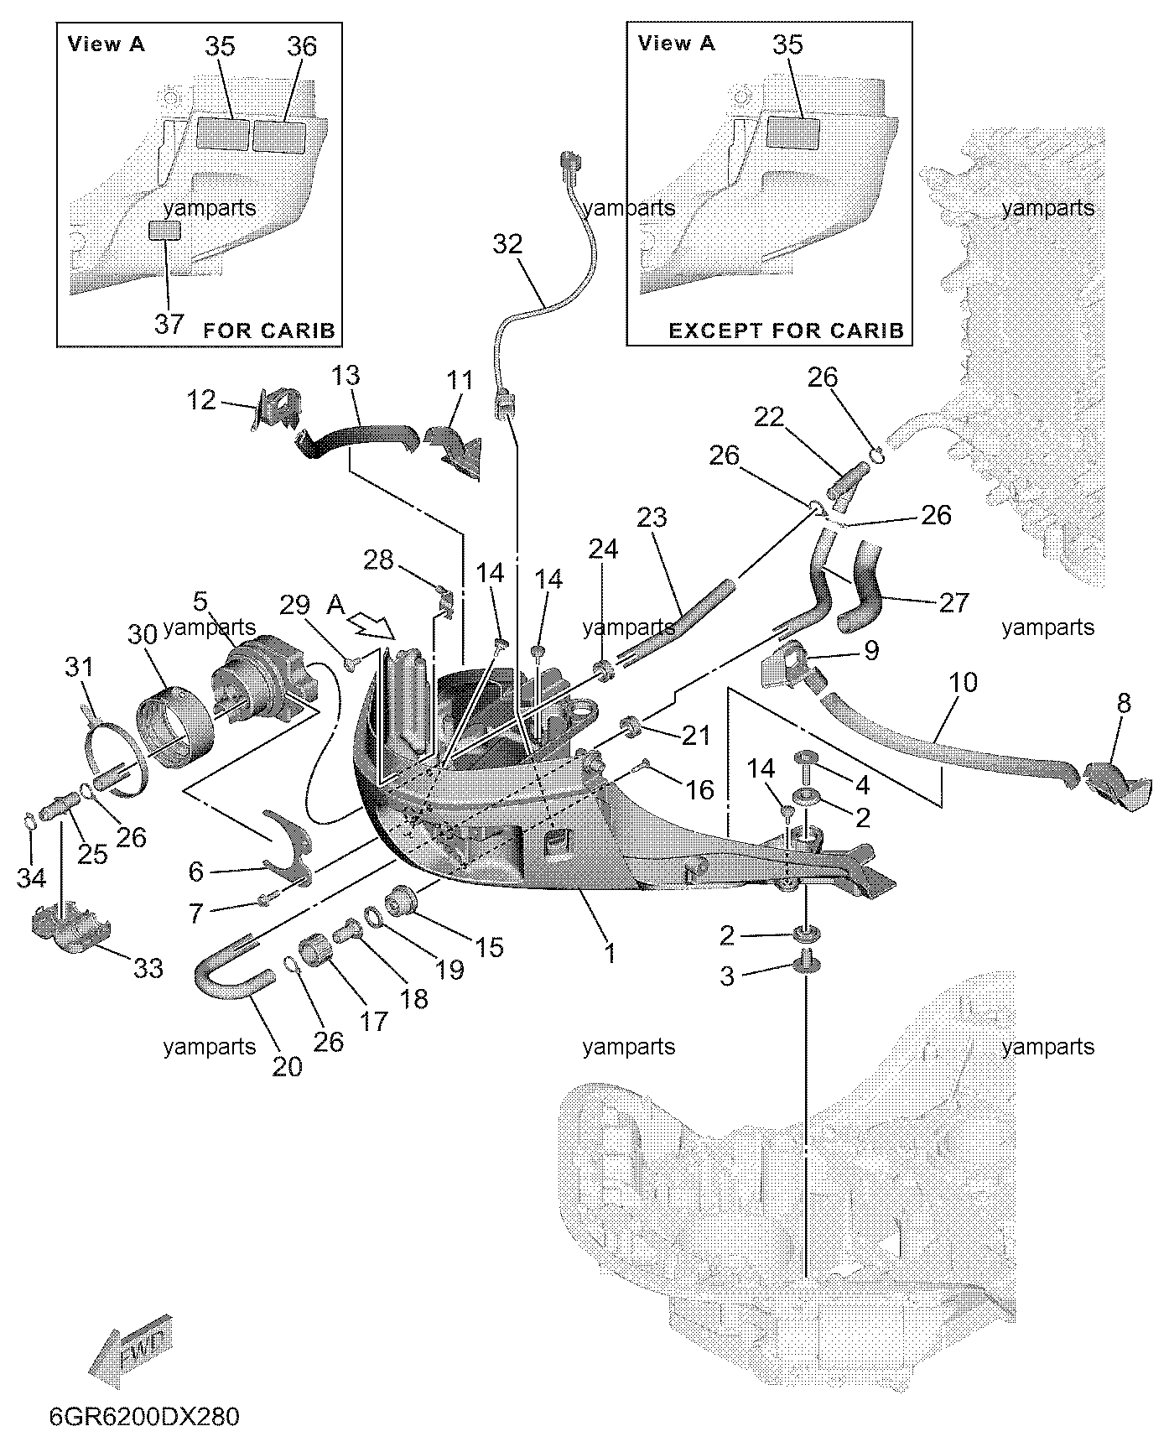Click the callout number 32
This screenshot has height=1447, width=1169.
(x=507, y=244)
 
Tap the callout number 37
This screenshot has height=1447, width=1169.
(x=169, y=323)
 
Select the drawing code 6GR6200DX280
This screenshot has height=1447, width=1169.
(x=143, y=1417)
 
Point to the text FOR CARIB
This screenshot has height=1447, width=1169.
(x=269, y=331)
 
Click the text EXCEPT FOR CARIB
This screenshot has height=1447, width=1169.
(x=786, y=331)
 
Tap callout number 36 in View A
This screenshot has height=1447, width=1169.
(x=302, y=46)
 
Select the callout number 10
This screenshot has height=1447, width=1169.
(x=964, y=683)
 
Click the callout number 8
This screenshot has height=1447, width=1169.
(x=1124, y=703)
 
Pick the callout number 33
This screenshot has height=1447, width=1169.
(x=148, y=968)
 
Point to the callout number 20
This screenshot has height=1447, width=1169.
(x=287, y=1066)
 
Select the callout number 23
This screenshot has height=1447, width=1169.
(x=652, y=518)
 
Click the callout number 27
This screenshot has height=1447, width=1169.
(x=953, y=601)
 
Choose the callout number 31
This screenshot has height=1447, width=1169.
(x=79, y=668)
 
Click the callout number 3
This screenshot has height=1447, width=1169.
(x=727, y=976)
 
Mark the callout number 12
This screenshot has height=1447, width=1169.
(x=201, y=399)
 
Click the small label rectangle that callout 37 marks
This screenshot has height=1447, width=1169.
(x=164, y=231)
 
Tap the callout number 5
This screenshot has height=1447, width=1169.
(x=200, y=601)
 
